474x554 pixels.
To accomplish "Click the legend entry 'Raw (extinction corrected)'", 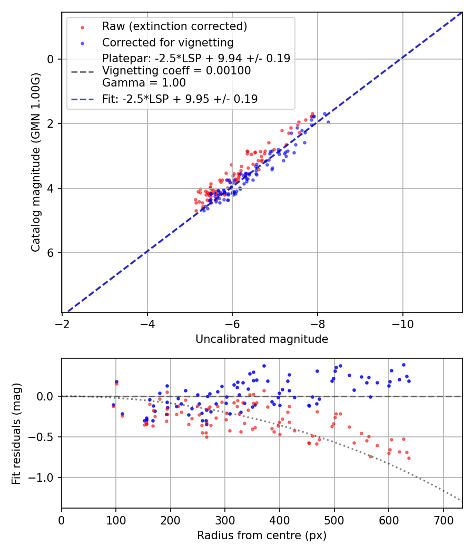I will (174, 26).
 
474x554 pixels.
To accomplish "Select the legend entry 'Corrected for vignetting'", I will (168, 42).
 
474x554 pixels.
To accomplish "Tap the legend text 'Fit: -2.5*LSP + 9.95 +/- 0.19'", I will (180, 99).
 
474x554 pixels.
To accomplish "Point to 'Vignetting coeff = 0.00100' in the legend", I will (176, 71).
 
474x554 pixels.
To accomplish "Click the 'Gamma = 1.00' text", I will (144, 82).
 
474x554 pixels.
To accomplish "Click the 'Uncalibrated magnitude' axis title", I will (262, 339).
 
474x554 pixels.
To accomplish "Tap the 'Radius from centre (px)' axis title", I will (262, 536).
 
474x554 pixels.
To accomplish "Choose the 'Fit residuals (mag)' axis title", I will (16, 433).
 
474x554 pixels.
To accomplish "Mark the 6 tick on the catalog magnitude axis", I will (51, 253).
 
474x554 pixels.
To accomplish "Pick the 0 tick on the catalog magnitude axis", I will (51, 59).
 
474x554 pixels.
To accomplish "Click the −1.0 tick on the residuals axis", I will (44, 477).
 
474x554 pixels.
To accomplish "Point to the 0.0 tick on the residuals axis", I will (47, 396).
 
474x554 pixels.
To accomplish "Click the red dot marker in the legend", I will (82, 27).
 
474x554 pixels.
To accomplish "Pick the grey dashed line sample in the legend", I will (82, 71).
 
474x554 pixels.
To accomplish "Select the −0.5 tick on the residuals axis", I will (44, 437).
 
